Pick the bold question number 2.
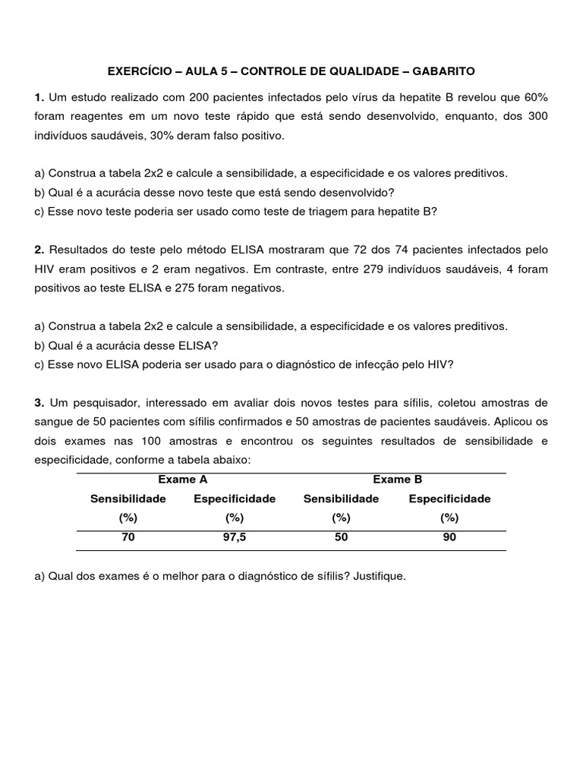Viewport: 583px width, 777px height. (x=39, y=250)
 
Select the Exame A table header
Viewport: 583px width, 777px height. (x=182, y=480)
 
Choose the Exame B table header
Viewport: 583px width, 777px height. (x=397, y=480)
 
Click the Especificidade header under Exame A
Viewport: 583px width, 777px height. (x=235, y=499)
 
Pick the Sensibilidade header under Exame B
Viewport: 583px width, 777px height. (x=341, y=499)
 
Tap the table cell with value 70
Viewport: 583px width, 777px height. (x=128, y=538)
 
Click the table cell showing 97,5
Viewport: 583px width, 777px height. (x=235, y=538)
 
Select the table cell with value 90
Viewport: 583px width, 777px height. (x=449, y=538)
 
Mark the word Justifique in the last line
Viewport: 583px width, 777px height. (x=380, y=576)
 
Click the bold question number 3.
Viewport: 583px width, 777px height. (x=39, y=403)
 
